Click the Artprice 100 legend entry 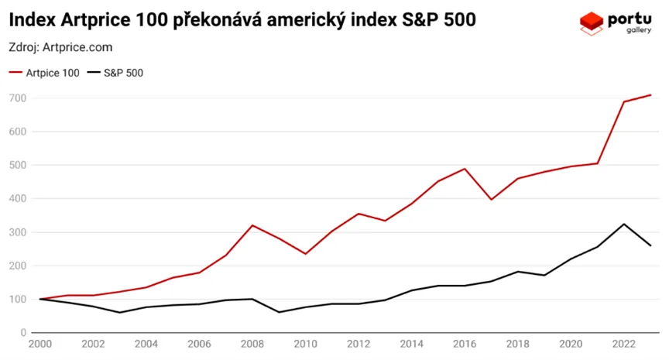[x=47, y=73]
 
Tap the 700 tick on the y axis [x=17, y=98]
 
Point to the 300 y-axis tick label [x=17, y=232]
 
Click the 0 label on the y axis [x=23, y=333]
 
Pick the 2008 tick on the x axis [x=252, y=345]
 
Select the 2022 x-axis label [x=624, y=345]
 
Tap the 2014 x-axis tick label [x=411, y=345]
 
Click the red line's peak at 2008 [x=252, y=225]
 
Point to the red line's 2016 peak [x=465, y=169]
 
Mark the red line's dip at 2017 [x=491, y=200]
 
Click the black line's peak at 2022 [x=624, y=224]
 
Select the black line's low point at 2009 [x=278, y=312]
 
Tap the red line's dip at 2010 [x=305, y=254]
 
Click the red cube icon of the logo [x=592, y=22]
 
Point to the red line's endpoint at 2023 [x=650, y=95]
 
